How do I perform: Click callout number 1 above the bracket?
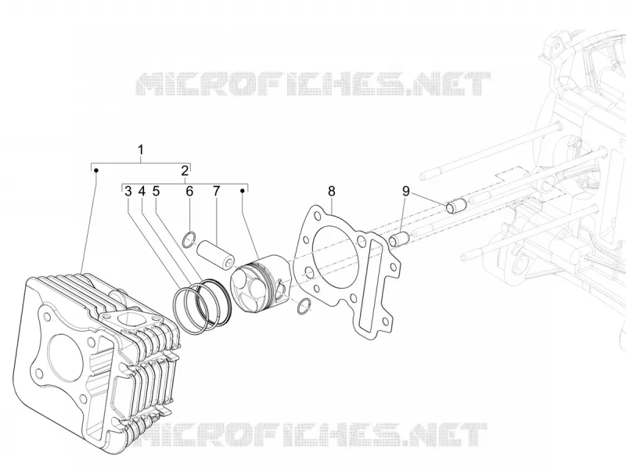click(x=141, y=150)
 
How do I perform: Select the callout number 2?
click(x=185, y=171)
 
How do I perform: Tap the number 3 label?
click(x=128, y=192)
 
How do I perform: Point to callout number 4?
click(x=142, y=192)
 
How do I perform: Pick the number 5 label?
click(x=156, y=192)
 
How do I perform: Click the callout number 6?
click(x=189, y=192)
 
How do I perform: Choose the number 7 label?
click(x=216, y=192)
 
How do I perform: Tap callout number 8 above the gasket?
click(x=332, y=192)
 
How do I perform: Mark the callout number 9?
click(x=406, y=192)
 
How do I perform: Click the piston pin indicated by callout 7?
click(x=216, y=254)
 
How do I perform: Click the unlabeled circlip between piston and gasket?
click(x=304, y=306)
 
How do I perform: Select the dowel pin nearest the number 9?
click(x=456, y=206)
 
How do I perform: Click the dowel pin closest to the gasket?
click(x=399, y=239)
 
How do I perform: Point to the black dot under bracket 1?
click(x=95, y=171)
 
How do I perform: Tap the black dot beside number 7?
click(x=242, y=191)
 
